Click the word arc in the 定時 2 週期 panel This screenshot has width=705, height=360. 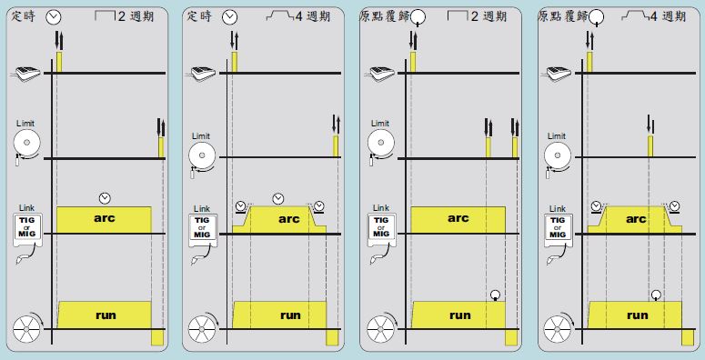tap(105, 218)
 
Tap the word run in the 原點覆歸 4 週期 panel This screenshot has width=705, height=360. tap(638, 315)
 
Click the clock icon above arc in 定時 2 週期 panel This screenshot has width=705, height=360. tap(105, 198)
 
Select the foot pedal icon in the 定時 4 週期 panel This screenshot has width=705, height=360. tap(202, 74)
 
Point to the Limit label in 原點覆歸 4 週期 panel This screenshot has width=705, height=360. tap(556, 136)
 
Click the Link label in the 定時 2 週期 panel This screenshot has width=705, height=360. tap(26, 208)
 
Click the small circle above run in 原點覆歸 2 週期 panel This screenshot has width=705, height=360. tap(496, 295)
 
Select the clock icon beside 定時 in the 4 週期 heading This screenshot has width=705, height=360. tap(230, 17)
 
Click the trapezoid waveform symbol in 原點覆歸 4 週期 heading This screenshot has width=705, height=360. tap(634, 16)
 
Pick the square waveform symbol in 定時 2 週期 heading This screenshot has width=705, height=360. tap(106, 16)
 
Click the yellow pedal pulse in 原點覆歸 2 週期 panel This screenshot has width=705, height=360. tap(413, 62)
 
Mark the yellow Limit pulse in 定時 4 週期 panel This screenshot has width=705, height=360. tap(336, 146)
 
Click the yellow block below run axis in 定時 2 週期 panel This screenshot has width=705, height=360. tap(157, 337)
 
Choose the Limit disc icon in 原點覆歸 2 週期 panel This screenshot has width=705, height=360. tap(381, 144)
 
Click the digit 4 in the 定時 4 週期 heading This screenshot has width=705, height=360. tap(299, 17)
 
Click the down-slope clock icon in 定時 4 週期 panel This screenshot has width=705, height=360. tap(318, 206)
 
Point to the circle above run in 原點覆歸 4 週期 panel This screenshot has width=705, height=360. tap(657, 295)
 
